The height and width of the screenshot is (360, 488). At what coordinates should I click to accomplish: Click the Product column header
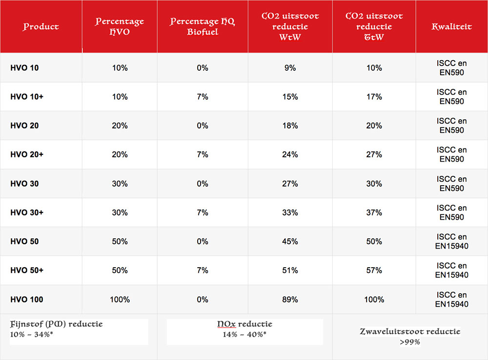[x=41, y=27]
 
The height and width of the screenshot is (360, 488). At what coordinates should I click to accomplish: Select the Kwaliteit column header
[x=451, y=27]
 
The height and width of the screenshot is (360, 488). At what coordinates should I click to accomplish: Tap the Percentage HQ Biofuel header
[x=202, y=27]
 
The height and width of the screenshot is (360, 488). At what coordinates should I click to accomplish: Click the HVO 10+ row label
[x=27, y=97]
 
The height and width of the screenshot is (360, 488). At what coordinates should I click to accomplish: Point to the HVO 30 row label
[x=24, y=184]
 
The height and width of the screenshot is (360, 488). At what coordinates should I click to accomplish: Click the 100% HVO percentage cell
[x=120, y=299]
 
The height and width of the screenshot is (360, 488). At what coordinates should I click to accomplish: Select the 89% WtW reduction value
[x=290, y=299]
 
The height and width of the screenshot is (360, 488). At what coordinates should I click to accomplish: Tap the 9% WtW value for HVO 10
[x=290, y=68]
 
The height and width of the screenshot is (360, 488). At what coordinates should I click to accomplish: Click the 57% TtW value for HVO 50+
[x=374, y=270]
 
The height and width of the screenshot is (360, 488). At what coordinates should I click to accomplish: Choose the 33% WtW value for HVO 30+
[x=290, y=212]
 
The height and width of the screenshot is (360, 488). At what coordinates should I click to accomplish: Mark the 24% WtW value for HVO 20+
[x=290, y=154]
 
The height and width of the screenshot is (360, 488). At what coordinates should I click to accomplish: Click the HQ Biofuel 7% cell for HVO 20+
[x=202, y=154]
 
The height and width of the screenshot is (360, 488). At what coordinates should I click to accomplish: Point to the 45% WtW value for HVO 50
[x=290, y=241]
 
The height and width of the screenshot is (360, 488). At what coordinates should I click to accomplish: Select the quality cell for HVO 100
[x=451, y=299]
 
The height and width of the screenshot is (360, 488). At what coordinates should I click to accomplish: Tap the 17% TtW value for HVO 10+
[x=374, y=97]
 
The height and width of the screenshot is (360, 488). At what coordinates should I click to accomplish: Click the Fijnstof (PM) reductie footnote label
[x=57, y=324]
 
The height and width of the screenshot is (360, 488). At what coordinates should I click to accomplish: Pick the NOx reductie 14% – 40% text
[x=244, y=334]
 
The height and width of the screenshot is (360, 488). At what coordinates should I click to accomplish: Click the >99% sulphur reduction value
[x=410, y=342]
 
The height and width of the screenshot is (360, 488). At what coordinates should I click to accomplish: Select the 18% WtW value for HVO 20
[x=290, y=126]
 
